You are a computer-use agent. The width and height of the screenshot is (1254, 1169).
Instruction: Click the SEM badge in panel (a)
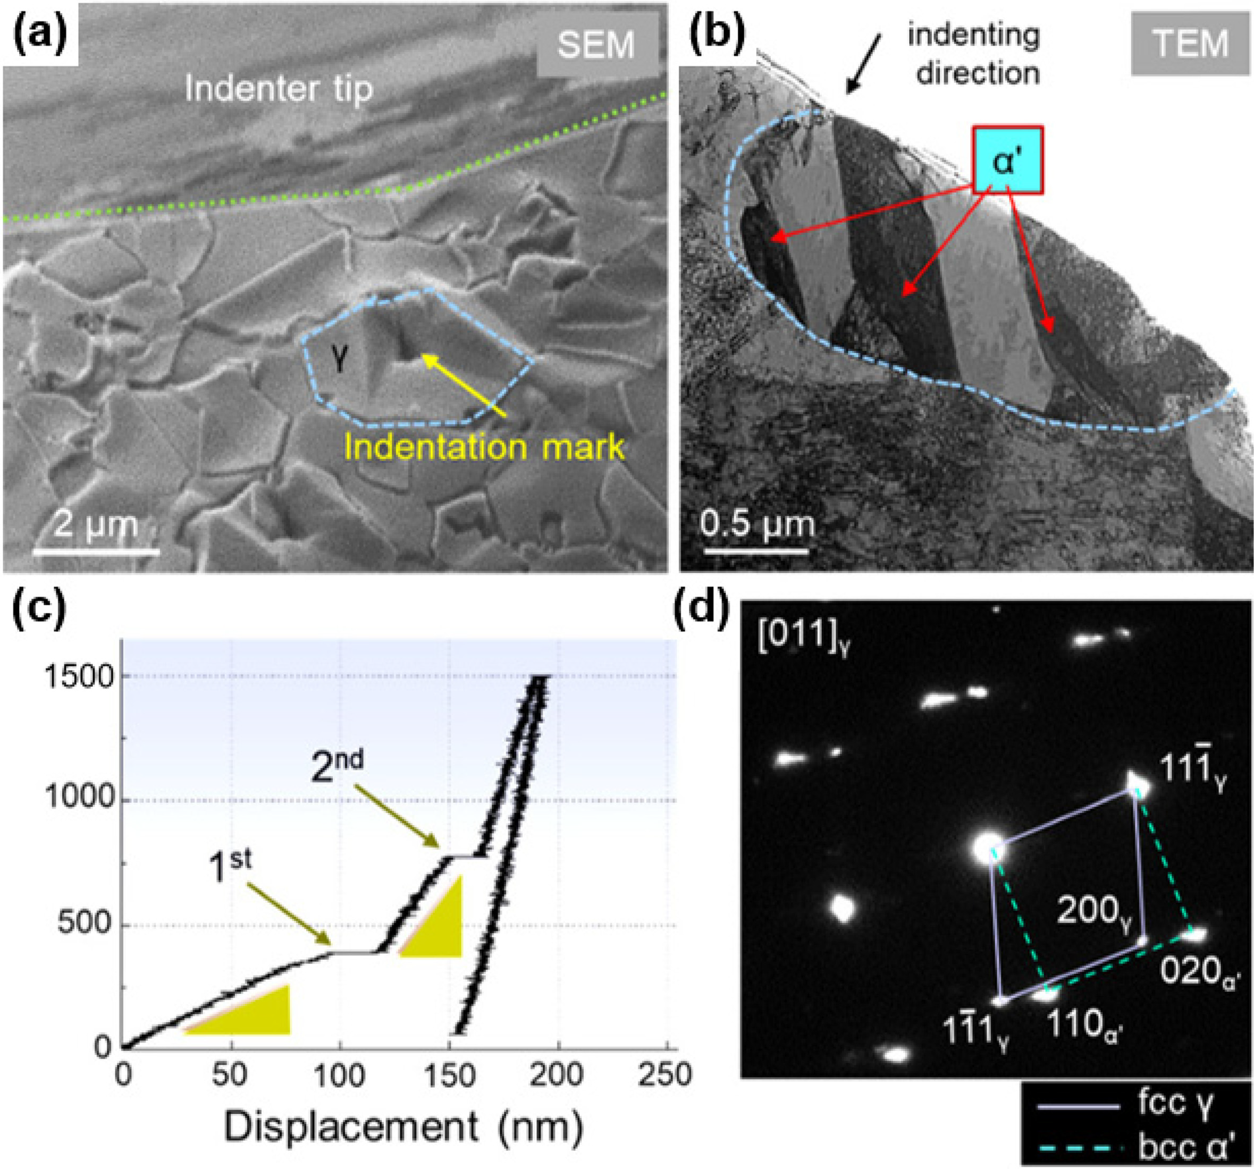pyautogui.click(x=595, y=45)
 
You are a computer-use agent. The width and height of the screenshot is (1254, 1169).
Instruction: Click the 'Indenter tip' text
pyautogui.click(x=279, y=90)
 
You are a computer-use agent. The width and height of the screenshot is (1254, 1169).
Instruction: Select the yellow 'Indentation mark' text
pyautogui.click(x=484, y=447)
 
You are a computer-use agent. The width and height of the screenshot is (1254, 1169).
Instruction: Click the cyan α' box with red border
pyautogui.click(x=1007, y=159)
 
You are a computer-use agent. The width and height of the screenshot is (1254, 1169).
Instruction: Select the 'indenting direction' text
pyautogui.click(x=973, y=55)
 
